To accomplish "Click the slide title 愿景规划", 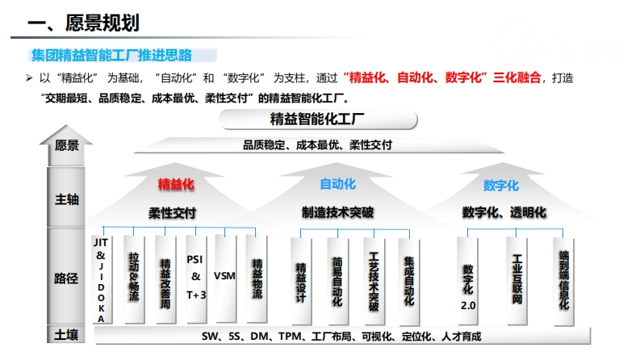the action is [102, 23].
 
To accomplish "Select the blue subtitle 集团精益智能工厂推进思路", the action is [111, 55].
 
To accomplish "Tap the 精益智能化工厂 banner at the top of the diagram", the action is [318, 119].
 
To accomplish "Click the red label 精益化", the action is [176, 185].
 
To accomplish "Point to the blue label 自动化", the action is [337, 184].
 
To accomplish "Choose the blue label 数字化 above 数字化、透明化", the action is [501, 186].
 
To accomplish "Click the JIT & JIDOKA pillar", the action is [102, 279].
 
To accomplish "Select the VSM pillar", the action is [225, 278].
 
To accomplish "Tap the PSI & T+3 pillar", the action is [196, 279].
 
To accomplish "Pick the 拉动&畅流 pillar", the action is [134, 279].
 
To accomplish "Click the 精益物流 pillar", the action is [257, 279].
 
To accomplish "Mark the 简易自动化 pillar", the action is [337, 282].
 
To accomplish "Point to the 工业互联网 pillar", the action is [517, 281].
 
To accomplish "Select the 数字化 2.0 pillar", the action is [468, 281].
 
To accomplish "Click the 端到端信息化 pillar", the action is [563, 281].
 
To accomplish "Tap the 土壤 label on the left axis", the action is [66, 335].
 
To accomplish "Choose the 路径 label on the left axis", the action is [66, 278].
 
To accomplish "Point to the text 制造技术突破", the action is [337, 212].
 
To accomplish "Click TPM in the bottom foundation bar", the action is [291, 337].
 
